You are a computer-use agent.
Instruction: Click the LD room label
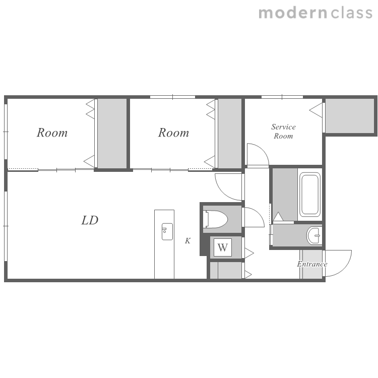(x=90, y=220)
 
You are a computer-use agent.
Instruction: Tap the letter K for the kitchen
(x=188, y=240)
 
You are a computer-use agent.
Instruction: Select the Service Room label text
(x=283, y=132)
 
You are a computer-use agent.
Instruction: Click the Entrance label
(x=312, y=264)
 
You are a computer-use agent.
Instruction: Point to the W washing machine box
(x=223, y=247)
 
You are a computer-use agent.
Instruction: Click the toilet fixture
(x=215, y=219)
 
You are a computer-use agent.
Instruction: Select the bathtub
(x=310, y=195)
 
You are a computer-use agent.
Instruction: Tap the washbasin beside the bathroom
(x=314, y=235)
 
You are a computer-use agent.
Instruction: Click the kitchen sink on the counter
(x=167, y=232)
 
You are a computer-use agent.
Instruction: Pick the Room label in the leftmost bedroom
(x=52, y=133)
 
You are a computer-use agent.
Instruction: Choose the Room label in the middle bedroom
(x=173, y=133)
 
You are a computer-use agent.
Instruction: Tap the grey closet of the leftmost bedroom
(x=112, y=134)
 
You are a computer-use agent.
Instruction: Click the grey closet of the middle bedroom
(x=230, y=134)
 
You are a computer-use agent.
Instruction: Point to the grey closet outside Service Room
(x=350, y=115)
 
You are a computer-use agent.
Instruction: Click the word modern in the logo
(x=293, y=13)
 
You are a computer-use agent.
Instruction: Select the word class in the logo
(x=352, y=13)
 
